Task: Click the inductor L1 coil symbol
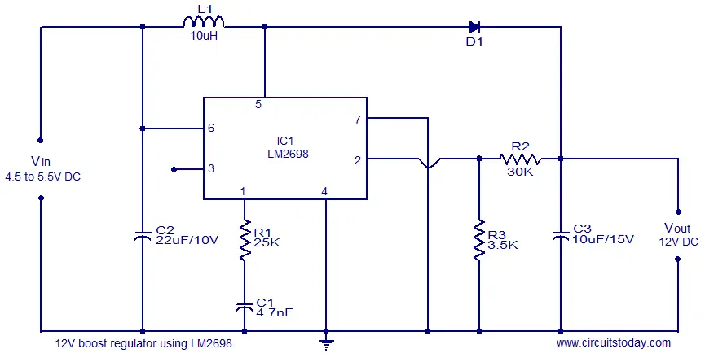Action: [x=204, y=22]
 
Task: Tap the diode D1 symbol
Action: [x=474, y=27]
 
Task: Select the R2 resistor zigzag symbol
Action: [x=520, y=159]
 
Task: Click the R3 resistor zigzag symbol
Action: [x=479, y=240]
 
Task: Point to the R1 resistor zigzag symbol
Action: [x=245, y=240]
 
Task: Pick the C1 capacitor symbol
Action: [x=245, y=307]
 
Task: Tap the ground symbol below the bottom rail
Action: [x=326, y=344]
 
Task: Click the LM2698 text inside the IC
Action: [x=288, y=154]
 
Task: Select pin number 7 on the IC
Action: [x=358, y=120]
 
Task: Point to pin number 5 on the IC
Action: [x=258, y=104]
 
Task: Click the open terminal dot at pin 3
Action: [x=174, y=169]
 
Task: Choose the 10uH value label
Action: [x=204, y=36]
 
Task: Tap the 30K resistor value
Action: [x=520, y=172]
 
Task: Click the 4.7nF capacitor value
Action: [x=275, y=312]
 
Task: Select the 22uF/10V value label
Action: [x=187, y=241]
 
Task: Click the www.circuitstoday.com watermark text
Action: [x=613, y=343]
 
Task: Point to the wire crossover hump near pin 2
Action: [x=428, y=164]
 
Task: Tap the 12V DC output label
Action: [x=678, y=242]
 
